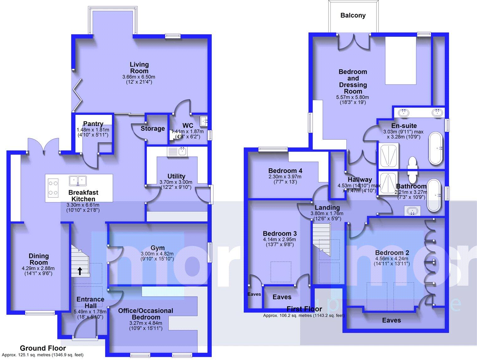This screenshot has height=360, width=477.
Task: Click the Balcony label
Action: click(x=353, y=15)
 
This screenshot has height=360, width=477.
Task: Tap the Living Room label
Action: click(x=139, y=67)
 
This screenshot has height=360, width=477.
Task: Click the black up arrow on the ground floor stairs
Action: click(x=80, y=271)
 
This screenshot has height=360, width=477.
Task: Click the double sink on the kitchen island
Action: click(x=78, y=180)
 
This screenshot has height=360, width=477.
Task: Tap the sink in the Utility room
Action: click(x=177, y=152)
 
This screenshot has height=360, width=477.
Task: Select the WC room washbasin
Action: click(x=204, y=121)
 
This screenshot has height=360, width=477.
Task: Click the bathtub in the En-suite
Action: click(x=436, y=148)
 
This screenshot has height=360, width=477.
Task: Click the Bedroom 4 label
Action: click(x=285, y=171)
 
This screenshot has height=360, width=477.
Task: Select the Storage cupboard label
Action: click(x=153, y=128)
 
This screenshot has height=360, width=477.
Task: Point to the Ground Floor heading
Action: click(x=43, y=348)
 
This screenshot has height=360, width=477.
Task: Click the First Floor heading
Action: click(x=304, y=309)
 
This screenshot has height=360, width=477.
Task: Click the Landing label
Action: click(x=327, y=207)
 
